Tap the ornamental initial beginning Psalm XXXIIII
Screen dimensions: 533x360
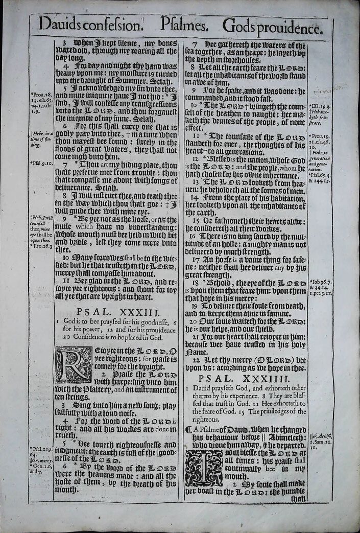tap(203, 468)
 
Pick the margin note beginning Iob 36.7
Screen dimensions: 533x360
tap(321, 282)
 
